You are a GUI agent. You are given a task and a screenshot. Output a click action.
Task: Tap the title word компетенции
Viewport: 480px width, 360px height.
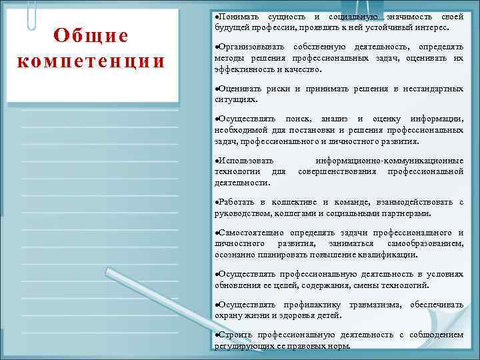pyautogui.click(x=91, y=61)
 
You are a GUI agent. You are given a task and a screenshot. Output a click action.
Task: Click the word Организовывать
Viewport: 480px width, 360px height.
pyautogui.click(x=251, y=47)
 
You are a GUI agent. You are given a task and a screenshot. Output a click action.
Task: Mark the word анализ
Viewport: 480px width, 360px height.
pyautogui.click(x=337, y=119)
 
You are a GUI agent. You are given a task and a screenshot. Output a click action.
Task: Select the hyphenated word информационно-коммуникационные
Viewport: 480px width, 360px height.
pyautogui.click(x=389, y=161)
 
